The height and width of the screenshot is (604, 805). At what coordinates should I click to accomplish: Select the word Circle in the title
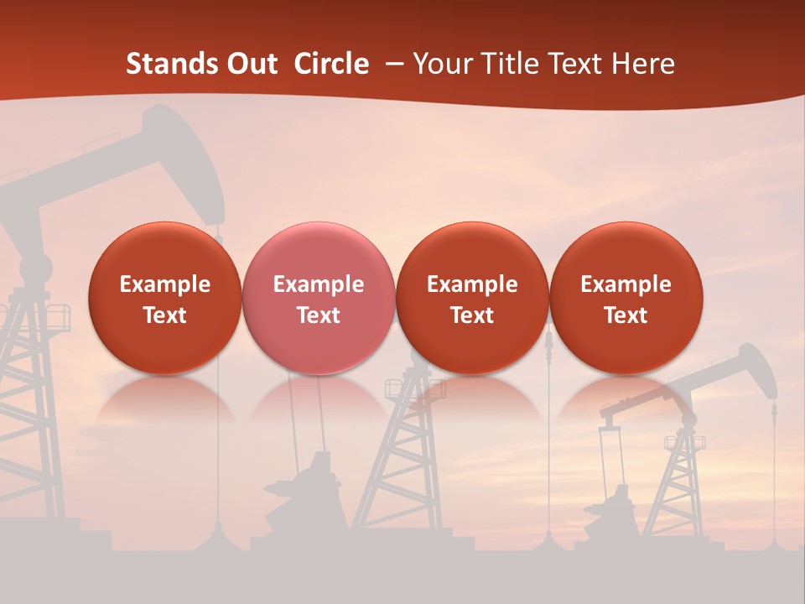point(331,64)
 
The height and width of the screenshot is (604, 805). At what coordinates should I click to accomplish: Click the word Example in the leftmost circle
point(165,284)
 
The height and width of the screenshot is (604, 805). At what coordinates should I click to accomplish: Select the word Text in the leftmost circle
point(165,315)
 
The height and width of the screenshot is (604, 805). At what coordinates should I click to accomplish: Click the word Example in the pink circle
point(319,284)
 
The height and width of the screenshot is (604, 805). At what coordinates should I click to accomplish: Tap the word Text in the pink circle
point(319,315)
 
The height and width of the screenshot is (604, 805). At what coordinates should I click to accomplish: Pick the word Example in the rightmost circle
point(626,284)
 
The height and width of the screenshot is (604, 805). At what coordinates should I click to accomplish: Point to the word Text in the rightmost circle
point(626,315)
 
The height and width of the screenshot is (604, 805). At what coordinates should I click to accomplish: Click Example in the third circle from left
point(472,284)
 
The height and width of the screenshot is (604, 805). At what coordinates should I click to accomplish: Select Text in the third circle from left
point(472,315)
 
